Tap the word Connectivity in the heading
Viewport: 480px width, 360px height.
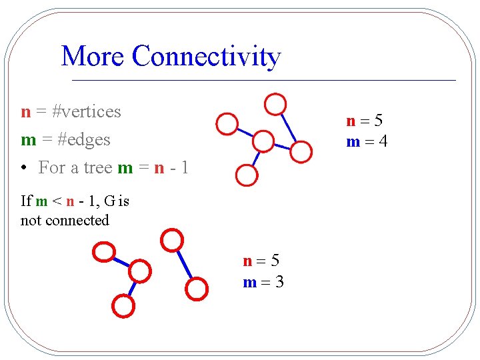pyautogui.click(x=206, y=57)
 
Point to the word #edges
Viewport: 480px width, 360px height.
pyautogui.click(x=83, y=139)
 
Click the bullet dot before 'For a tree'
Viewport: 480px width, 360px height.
pyautogui.click(x=23, y=168)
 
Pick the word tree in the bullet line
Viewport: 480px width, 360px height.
pyautogui.click(x=97, y=167)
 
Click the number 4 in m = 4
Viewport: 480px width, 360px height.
pyautogui.click(x=383, y=141)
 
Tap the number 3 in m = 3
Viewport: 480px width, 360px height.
pyautogui.click(x=279, y=282)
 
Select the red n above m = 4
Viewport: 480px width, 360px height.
pyautogui.click(x=351, y=121)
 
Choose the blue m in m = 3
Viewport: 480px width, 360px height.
pyautogui.click(x=249, y=282)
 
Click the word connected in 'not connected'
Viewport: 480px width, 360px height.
pyautogui.click(x=75, y=220)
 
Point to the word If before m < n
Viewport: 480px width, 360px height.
pyautogui.click(x=26, y=201)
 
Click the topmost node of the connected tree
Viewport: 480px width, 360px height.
pyautogui.click(x=275, y=104)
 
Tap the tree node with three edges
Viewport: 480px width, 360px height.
pyautogui.click(x=263, y=141)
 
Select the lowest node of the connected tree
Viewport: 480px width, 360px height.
pyautogui.click(x=247, y=175)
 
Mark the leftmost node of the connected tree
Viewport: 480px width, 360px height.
pyautogui.click(x=227, y=123)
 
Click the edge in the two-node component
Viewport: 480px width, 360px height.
pyautogui.click(x=185, y=265)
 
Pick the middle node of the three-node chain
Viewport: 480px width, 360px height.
pyautogui.click(x=139, y=271)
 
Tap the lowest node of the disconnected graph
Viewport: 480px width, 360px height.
pyautogui.click(x=123, y=305)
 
